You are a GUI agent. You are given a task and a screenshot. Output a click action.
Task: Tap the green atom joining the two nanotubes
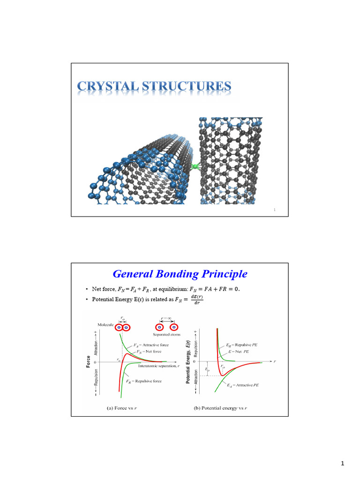coord(195,165)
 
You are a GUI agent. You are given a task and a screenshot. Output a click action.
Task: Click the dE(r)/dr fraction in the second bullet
coord(194,299)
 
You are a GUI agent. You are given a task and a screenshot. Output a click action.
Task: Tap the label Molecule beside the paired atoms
coord(106,324)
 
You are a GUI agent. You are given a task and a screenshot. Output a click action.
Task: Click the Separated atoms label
coord(167,335)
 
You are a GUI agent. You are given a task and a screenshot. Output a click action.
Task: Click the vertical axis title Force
coord(89,361)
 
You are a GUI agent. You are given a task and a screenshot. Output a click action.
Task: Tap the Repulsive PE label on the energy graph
coord(242,345)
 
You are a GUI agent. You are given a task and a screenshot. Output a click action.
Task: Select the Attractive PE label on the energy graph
coord(243,385)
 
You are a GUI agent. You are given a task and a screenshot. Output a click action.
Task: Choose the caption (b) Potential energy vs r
coord(220,408)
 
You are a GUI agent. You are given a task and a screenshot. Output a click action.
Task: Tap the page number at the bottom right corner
coord(343,464)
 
